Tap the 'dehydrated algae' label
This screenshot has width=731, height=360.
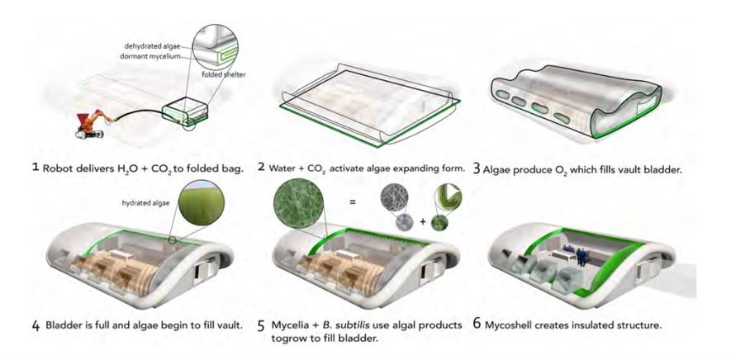coord(151,46)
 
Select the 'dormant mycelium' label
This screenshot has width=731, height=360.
coord(151,56)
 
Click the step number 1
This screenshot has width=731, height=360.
coord(35,168)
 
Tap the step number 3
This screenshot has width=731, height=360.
coord(476,169)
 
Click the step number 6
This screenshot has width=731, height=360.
coord(477,324)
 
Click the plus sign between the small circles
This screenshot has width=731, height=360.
coord(422,222)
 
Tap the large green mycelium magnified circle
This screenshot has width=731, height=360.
coord(299,203)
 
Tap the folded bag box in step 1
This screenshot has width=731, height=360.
coord(185,111)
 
